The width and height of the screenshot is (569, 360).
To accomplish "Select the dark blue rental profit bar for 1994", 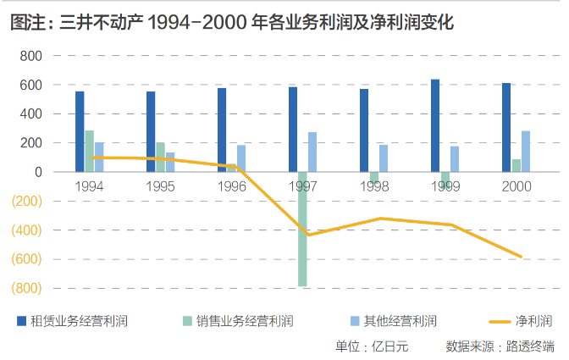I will point(80,131).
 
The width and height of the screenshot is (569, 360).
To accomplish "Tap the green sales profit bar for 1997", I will point(302,229).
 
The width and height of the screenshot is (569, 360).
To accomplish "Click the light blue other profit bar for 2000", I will point(526,151).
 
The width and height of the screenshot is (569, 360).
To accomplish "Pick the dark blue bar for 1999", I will point(435,125).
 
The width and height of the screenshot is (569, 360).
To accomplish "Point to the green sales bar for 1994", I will point(89,151).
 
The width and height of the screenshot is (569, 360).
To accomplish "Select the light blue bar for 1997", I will point(312,152).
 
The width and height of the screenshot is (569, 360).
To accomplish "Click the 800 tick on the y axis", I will point(30,56).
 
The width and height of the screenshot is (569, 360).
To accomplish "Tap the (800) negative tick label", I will point(26,288).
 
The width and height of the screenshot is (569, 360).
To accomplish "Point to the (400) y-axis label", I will point(26,230).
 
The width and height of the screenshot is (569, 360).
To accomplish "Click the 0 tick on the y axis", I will point(38,172).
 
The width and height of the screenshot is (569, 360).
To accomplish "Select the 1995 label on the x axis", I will point(161,186).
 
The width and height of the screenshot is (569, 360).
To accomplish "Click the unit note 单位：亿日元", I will point(372,346).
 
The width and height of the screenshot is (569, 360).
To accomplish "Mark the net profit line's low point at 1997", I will point(308,235).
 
